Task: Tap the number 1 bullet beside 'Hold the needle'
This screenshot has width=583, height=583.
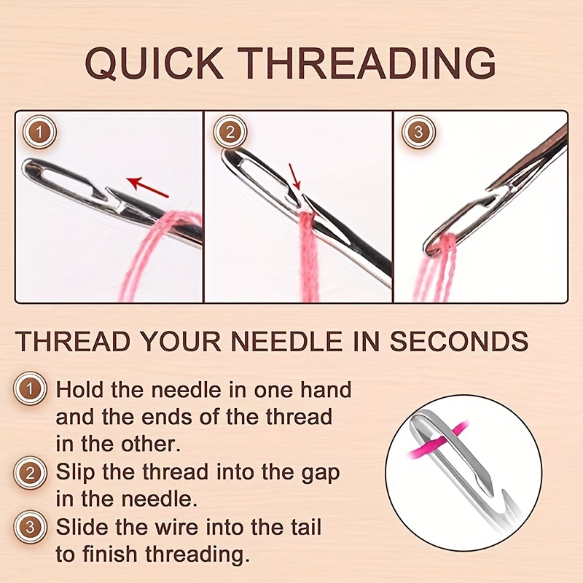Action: [30, 390]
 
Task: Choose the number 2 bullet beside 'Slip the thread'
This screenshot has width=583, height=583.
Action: [30, 472]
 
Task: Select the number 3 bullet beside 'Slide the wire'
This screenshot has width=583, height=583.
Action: [30, 527]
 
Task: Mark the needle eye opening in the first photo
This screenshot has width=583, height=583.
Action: [62, 180]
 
